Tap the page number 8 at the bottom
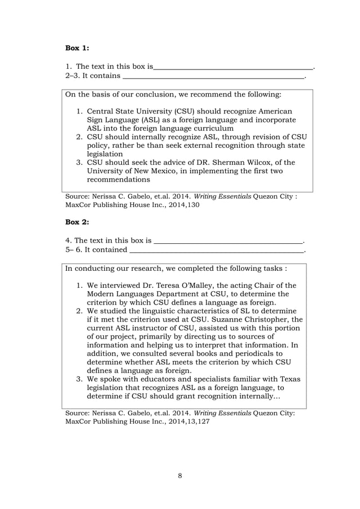pyautogui.click(x=180, y=476)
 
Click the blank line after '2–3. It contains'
pyautogui.click(x=213, y=76)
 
